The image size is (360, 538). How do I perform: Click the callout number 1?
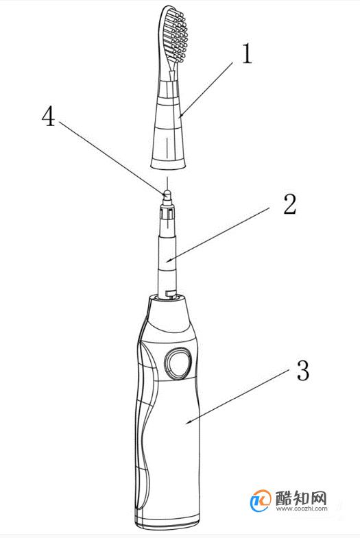pyautogui.click(x=247, y=54)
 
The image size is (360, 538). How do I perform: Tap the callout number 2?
pyautogui.click(x=289, y=204)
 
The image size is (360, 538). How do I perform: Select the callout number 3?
pyautogui.click(x=302, y=371)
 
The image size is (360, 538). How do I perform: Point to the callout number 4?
pyautogui.click(x=48, y=116)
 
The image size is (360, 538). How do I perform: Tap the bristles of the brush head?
pyautogui.click(x=176, y=34)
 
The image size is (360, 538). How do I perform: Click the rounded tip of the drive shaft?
pyautogui.click(x=167, y=194)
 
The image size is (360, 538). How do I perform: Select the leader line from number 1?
pyautogui.click(x=206, y=90)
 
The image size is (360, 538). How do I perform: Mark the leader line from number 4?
pyautogui.click(x=112, y=158)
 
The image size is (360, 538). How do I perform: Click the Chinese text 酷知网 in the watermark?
pyautogui.click(x=301, y=498)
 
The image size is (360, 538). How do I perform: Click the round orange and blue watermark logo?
pyautogui.click(x=261, y=501)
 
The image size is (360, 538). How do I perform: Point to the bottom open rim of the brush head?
pyautogui.click(x=168, y=164)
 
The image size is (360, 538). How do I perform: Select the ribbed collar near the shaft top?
pyautogui.click(x=167, y=212)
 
